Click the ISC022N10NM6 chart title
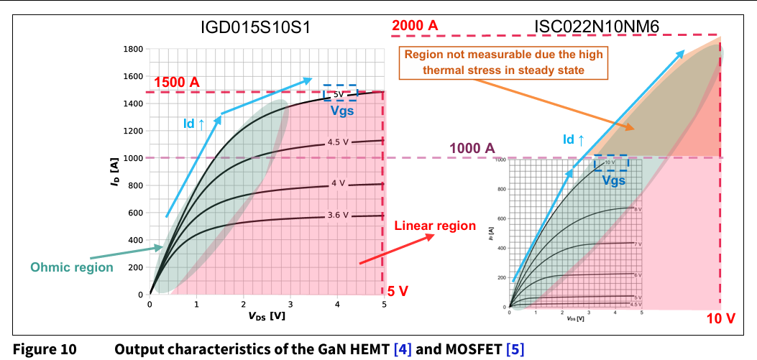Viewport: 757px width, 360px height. point(597,27)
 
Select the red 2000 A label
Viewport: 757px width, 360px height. point(414,26)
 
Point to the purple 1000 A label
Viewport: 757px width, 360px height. point(472,148)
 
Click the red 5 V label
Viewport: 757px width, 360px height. point(398,291)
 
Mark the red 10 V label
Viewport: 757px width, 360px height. point(720,318)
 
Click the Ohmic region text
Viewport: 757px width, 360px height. point(72,267)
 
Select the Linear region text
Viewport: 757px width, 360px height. point(435,226)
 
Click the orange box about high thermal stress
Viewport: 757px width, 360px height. point(503,63)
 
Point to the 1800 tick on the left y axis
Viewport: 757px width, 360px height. point(133,49)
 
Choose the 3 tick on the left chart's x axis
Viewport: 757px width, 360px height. point(290,304)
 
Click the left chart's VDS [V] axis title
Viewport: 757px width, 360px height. point(266,316)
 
